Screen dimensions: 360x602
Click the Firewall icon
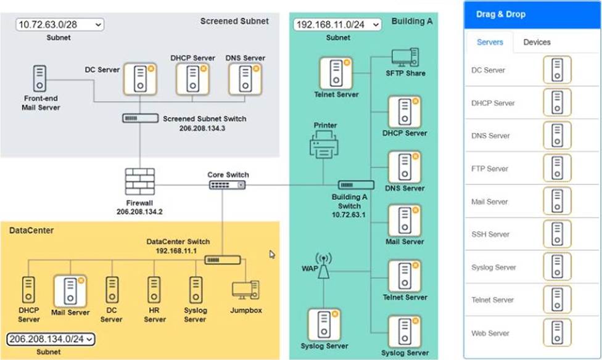(x=139, y=182)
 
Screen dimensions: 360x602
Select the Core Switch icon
(x=227, y=184)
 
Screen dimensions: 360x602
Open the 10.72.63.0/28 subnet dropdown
(x=60, y=25)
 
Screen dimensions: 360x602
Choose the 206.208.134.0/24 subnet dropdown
(x=51, y=338)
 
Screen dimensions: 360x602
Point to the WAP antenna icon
(x=323, y=267)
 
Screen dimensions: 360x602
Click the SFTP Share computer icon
(x=405, y=58)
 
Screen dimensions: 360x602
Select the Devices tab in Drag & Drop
(x=537, y=43)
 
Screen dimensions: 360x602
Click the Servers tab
(x=490, y=43)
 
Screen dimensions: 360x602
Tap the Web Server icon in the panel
(x=557, y=333)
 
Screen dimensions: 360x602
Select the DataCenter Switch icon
(x=223, y=261)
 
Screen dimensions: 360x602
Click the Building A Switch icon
(x=356, y=184)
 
